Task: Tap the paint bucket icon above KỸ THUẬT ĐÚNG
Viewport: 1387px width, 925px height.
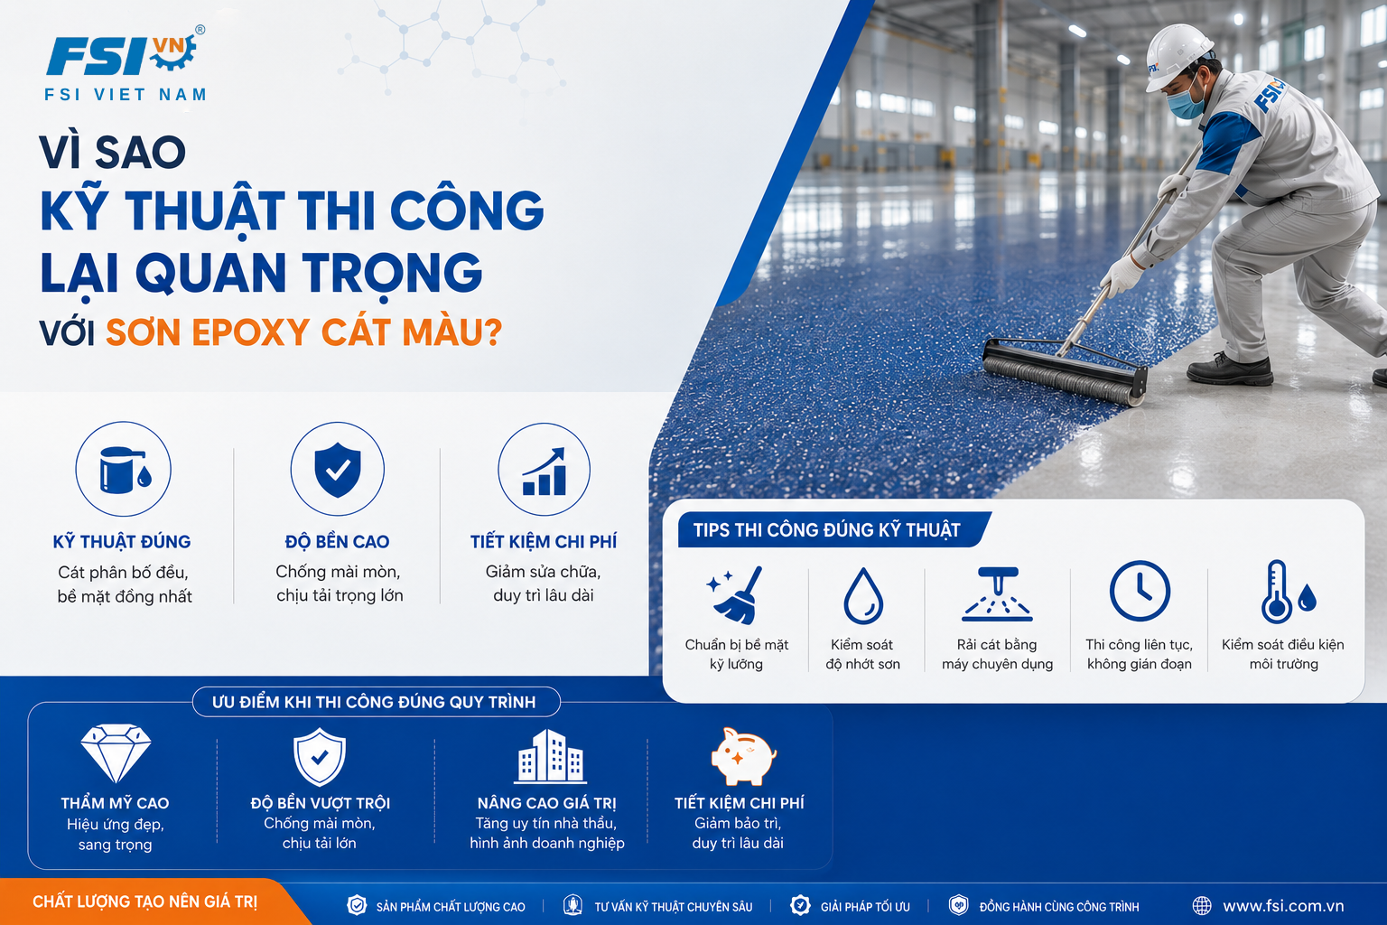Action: click(125, 471)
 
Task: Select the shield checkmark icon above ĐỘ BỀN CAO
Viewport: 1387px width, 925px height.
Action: click(338, 470)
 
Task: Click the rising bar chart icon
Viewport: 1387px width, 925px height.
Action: click(545, 472)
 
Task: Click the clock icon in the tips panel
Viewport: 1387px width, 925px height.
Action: click(1140, 591)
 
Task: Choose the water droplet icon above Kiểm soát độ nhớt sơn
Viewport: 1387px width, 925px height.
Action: click(863, 596)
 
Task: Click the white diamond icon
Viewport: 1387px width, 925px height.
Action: click(116, 752)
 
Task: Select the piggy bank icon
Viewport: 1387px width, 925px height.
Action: click(743, 756)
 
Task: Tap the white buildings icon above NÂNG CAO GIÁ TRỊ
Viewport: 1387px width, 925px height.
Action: click(550, 756)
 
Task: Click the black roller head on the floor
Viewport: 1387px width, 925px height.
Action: click(1065, 370)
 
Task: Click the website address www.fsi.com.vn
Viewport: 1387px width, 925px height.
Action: click(1283, 906)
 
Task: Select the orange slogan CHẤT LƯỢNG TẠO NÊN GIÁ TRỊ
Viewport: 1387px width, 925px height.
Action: click(144, 902)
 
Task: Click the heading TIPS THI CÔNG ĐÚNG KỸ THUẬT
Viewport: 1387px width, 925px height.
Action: click(826, 530)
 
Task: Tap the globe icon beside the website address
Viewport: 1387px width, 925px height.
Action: click(1202, 906)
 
